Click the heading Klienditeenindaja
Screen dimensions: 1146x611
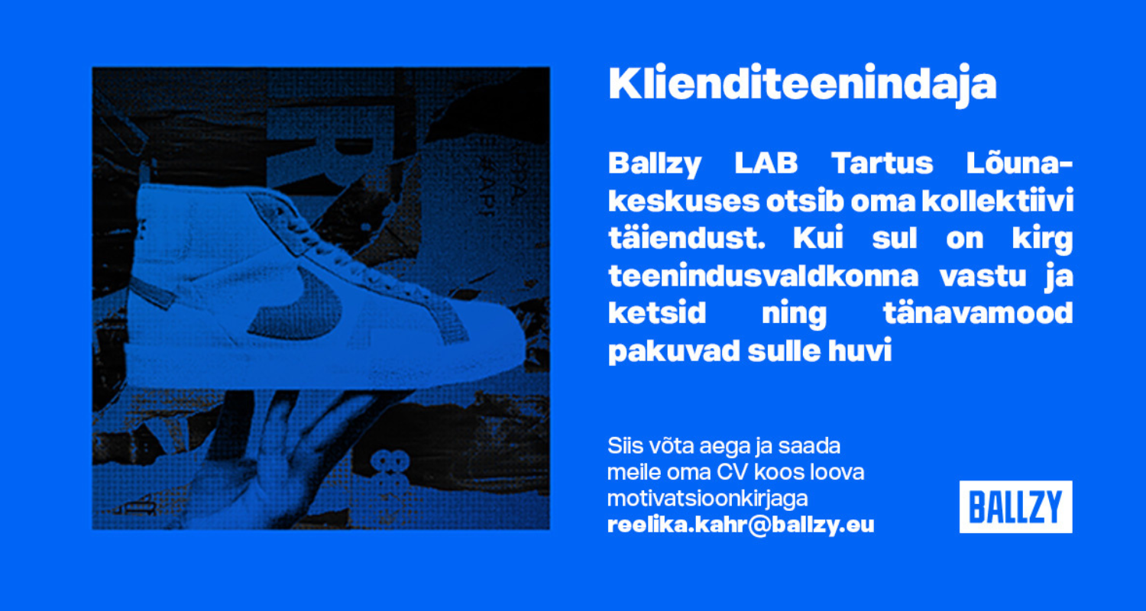[x=802, y=84]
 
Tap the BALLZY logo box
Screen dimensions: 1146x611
[x=1015, y=506]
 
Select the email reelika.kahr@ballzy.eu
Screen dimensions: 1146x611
[x=741, y=525]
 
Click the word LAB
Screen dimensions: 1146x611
[x=766, y=163]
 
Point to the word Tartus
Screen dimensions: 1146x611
[x=882, y=163]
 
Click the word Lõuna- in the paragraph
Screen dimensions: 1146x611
[x=1019, y=163]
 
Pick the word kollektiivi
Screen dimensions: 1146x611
[x=997, y=200]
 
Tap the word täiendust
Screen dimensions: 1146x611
[x=687, y=238]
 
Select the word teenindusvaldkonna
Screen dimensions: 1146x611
[x=763, y=276]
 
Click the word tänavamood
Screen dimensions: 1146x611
[x=978, y=313]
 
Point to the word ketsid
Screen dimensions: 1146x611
[x=657, y=313]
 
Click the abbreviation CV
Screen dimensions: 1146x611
[x=733, y=472]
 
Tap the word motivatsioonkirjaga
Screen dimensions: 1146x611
[x=707, y=499]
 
